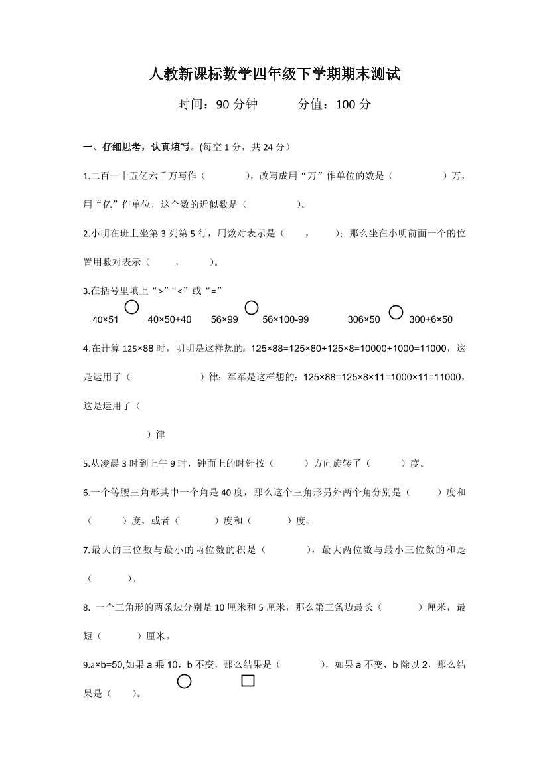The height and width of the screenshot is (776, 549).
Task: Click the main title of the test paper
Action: pos(274,74)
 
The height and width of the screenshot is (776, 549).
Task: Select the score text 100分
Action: pos(354,104)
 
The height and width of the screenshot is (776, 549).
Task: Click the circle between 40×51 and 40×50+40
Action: pos(132,307)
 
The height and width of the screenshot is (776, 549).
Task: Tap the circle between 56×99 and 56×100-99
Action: pos(251,307)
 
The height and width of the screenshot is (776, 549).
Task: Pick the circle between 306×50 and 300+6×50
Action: pos(396,311)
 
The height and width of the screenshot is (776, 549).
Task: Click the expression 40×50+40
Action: pos(169,319)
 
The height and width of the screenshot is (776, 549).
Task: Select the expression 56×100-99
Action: pos(285,319)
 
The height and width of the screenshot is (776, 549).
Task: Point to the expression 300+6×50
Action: pos(431,319)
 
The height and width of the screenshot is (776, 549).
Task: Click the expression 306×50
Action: pos(364,319)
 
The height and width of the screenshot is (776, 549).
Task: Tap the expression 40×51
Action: pos(106,319)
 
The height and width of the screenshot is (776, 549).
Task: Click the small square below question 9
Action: pos(248,680)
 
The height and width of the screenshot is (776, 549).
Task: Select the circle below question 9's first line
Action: pos(184,681)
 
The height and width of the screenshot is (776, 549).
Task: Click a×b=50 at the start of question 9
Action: pos(104,664)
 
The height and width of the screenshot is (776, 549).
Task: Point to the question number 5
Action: pos(86,463)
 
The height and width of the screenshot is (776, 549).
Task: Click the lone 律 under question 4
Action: pos(160,435)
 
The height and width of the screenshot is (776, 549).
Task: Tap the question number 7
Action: pos(86,550)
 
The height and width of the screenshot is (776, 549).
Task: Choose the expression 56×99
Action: pos(224,319)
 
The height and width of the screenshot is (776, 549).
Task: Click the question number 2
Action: pos(86,233)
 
